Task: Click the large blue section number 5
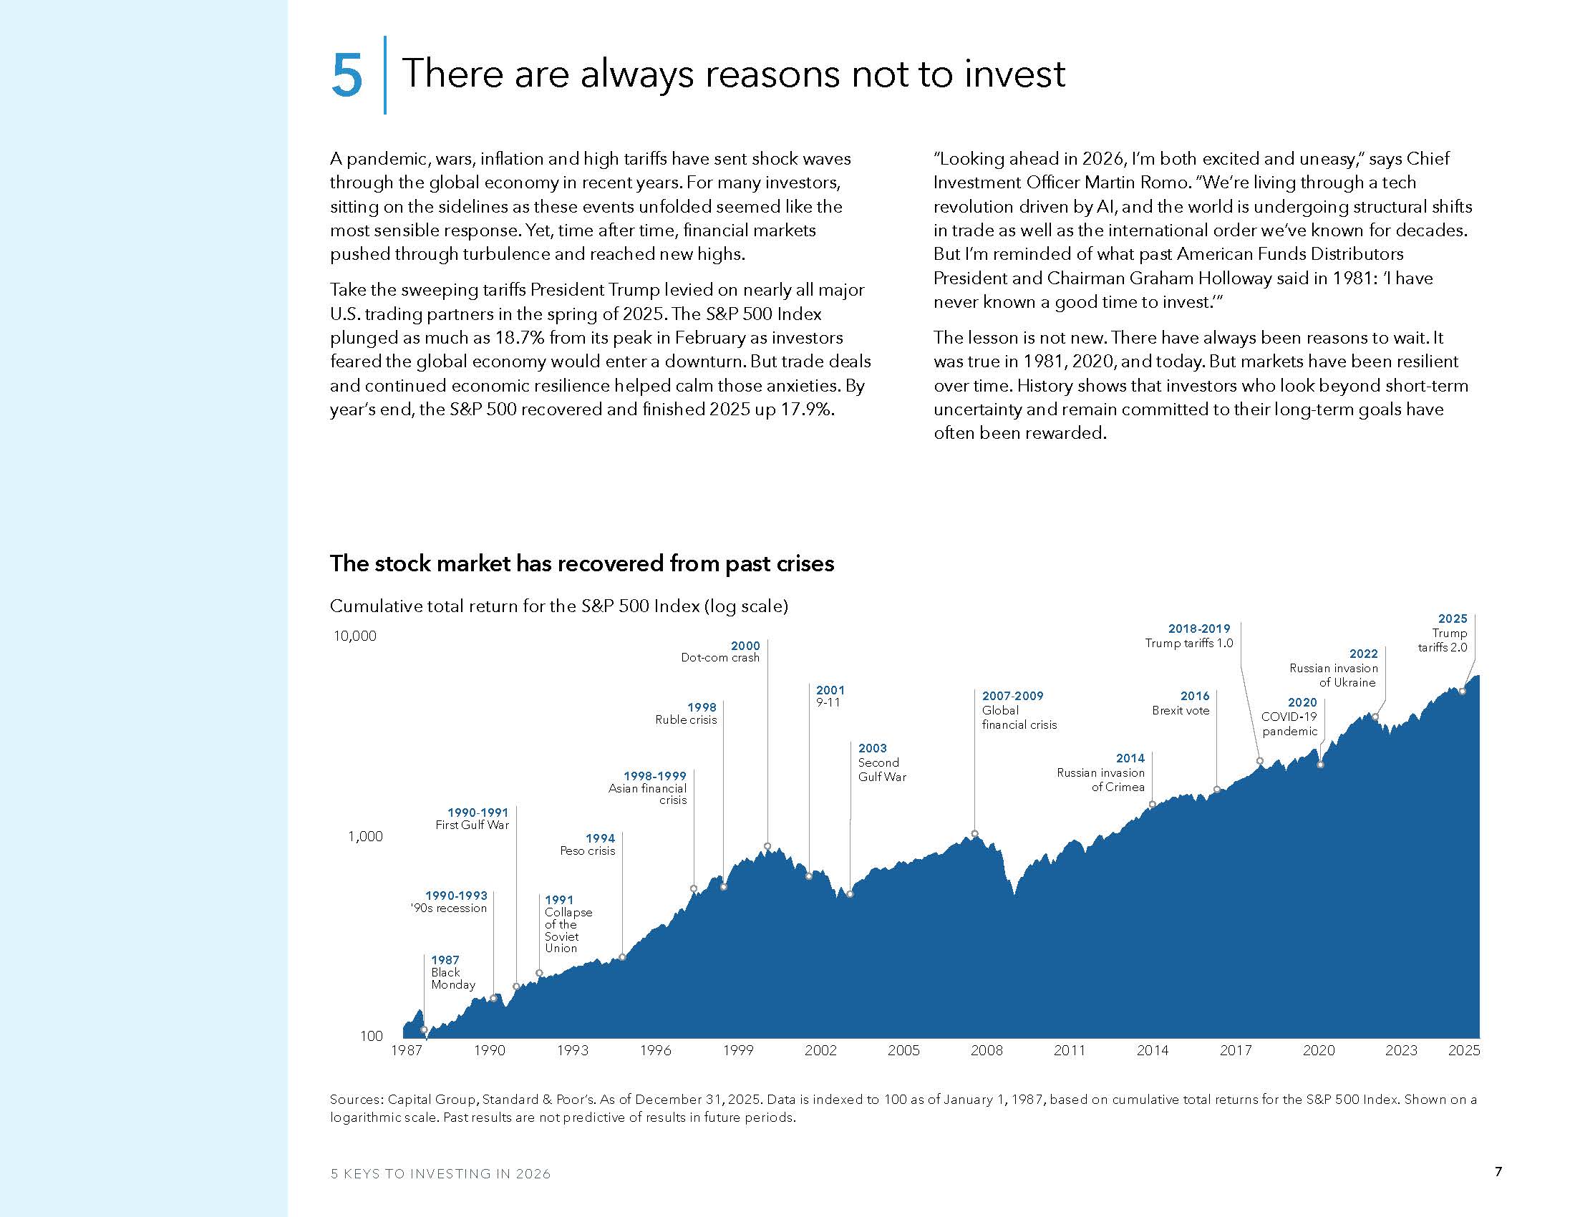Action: pyautogui.click(x=347, y=75)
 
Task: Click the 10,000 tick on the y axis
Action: pyautogui.click(x=355, y=636)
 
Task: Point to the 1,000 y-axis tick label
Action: pyautogui.click(x=365, y=836)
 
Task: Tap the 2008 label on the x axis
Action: pyautogui.click(x=986, y=1050)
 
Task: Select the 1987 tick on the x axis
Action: pyautogui.click(x=406, y=1050)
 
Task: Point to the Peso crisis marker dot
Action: pyautogui.click(x=622, y=957)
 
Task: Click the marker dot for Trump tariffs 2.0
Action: pyautogui.click(x=1462, y=692)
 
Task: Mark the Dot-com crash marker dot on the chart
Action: pyautogui.click(x=767, y=845)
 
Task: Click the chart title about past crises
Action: pyautogui.click(x=581, y=563)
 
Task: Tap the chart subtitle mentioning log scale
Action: pyautogui.click(x=558, y=606)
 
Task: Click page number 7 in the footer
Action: pyautogui.click(x=1498, y=1172)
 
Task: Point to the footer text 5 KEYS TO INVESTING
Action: pyautogui.click(x=440, y=1174)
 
